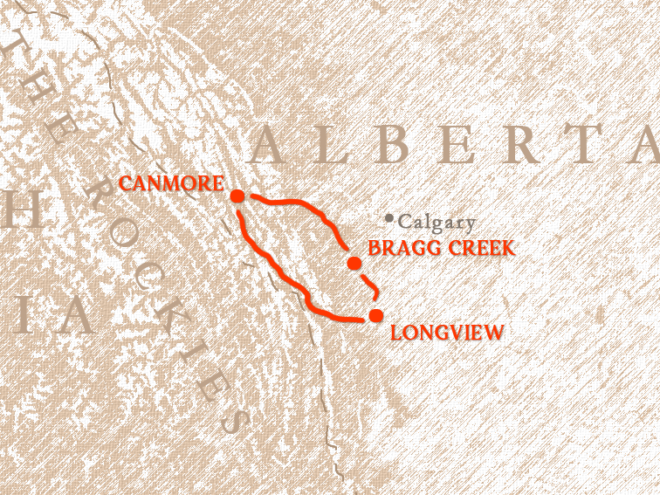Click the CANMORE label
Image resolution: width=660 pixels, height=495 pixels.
point(171,184)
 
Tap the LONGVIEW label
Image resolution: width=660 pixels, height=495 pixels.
point(447,333)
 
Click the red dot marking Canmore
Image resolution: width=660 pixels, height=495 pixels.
point(237,196)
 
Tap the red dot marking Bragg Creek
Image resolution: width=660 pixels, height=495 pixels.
point(354,263)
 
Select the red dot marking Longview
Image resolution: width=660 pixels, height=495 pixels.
point(375,315)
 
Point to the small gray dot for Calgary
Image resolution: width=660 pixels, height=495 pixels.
point(388,217)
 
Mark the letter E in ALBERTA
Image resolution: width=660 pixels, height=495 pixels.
point(457,145)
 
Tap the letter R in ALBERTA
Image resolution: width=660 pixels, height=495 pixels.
point(524,145)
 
